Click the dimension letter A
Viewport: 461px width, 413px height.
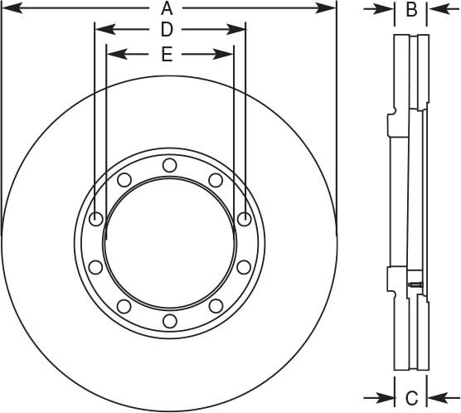point(167,9)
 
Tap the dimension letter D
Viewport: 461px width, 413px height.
point(167,31)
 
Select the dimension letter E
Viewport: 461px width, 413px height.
point(167,55)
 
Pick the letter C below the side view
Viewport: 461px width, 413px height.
point(410,396)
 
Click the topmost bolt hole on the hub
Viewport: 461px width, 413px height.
point(169,165)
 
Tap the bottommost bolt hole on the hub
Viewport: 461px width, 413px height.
point(169,319)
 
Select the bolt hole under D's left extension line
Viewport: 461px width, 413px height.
point(95,220)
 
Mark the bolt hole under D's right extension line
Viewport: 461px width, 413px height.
point(244,219)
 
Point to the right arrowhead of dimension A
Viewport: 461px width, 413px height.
point(330,9)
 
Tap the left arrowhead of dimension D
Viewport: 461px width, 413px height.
point(100,31)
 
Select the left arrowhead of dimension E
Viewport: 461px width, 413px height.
point(114,55)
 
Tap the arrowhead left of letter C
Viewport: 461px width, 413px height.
point(387,396)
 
